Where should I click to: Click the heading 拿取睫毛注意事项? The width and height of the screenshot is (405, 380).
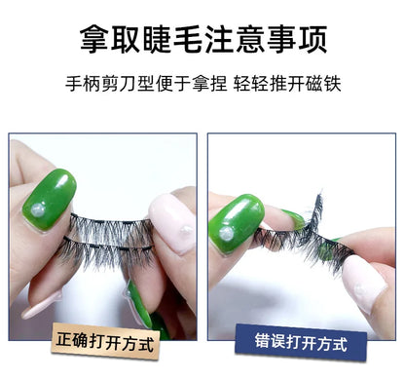[202, 40]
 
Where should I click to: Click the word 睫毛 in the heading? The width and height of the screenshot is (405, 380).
[171, 40]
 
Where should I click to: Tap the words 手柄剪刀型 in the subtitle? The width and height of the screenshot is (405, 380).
[109, 84]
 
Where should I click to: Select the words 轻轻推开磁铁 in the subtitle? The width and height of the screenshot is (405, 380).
[287, 84]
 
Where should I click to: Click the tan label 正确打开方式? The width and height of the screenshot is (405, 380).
[105, 341]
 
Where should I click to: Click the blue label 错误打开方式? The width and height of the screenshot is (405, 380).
[301, 343]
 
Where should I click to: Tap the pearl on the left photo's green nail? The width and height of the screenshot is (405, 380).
[38, 210]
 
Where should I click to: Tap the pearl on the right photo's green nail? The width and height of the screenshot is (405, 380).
[226, 234]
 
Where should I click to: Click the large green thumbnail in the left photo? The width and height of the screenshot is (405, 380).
[50, 200]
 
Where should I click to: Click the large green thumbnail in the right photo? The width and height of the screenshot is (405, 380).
[237, 223]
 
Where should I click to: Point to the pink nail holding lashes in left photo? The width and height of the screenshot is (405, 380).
[172, 222]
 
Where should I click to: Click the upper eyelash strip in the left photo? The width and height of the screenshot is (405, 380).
[111, 226]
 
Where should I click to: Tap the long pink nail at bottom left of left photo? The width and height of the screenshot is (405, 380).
[42, 305]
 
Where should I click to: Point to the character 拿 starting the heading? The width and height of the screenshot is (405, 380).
[94, 40]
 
